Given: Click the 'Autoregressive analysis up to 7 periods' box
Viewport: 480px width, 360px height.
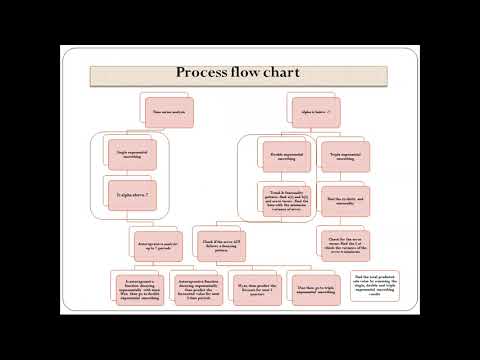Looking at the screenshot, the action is point(154,241).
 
